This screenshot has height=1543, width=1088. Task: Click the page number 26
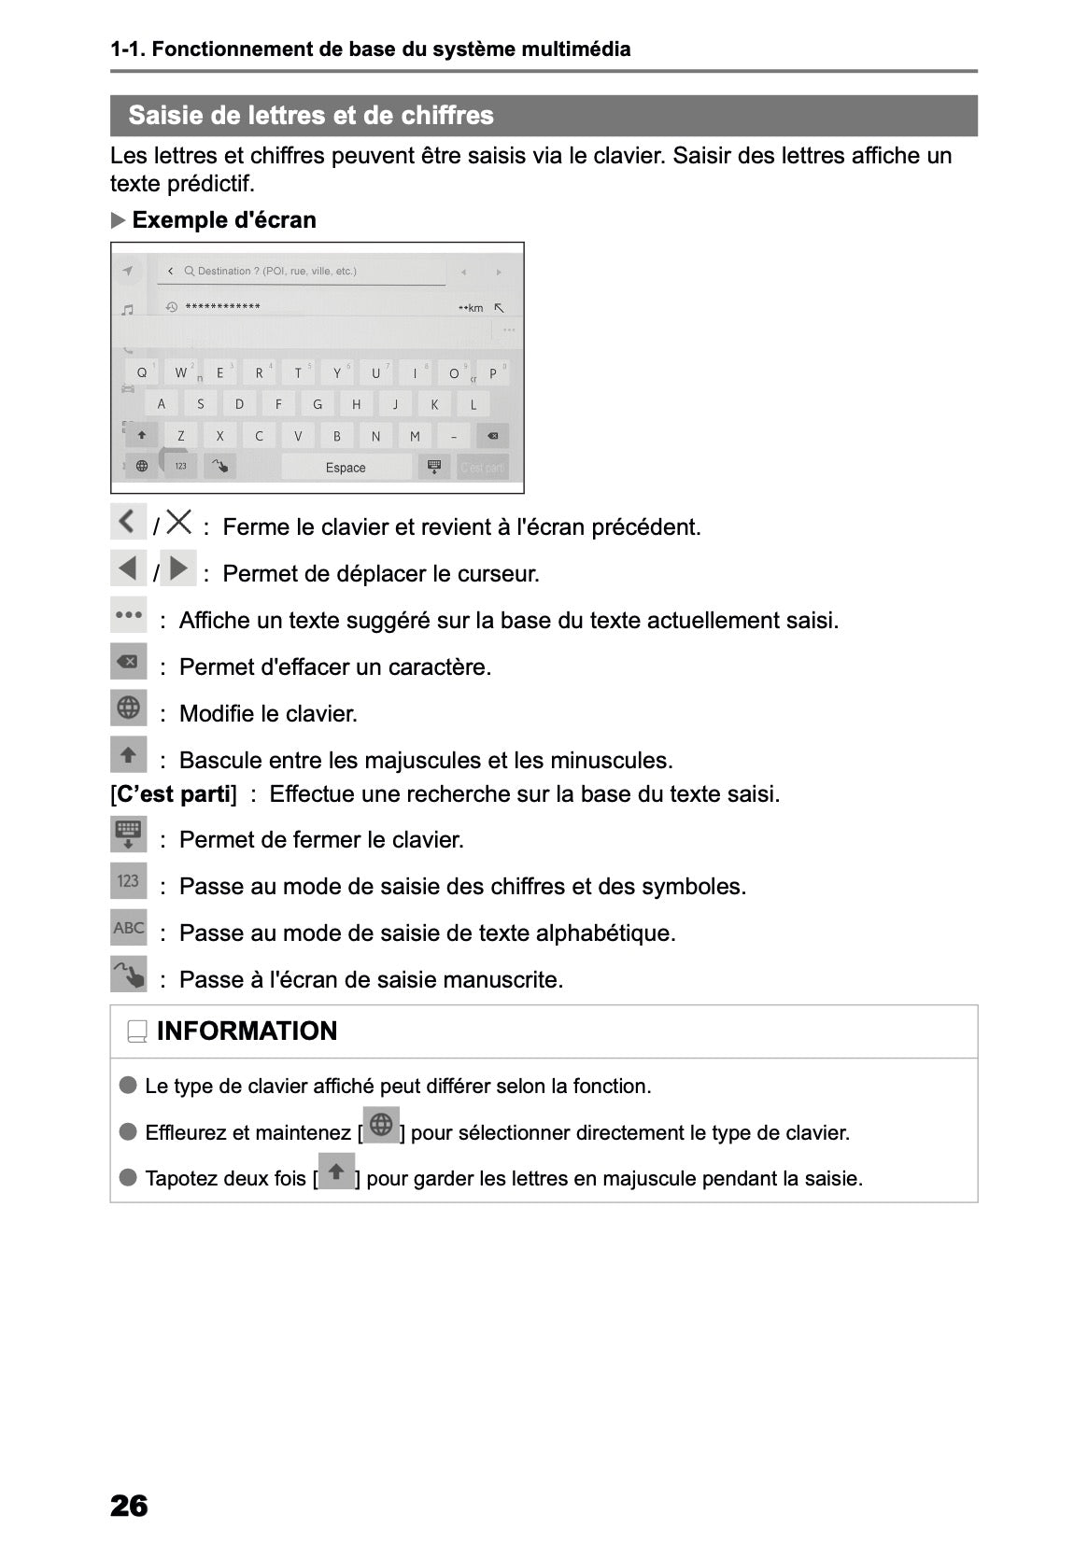click(x=129, y=1506)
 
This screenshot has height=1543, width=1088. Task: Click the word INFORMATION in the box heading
click(x=247, y=1031)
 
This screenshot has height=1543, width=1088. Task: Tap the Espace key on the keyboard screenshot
click(x=346, y=467)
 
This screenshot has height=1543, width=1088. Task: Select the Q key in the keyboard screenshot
click(x=142, y=372)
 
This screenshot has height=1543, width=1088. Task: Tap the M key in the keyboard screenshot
click(x=415, y=436)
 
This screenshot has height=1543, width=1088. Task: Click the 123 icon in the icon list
click(x=128, y=880)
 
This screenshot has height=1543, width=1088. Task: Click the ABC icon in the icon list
click(x=128, y=927)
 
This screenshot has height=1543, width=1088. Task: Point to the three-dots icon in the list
click(x=128, y=615)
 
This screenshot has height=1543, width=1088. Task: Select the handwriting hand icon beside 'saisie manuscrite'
click(x=128, y=974)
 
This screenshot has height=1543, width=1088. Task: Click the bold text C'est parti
click(x=175, y=793)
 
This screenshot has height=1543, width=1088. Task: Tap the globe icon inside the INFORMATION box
click(x=381, y=1125)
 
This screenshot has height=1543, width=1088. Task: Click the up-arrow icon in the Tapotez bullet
click(x=336, y=1171)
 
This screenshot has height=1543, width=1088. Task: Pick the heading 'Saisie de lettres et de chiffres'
click(x=311, y=115)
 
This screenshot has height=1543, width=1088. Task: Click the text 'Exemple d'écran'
click(x=224, y=219)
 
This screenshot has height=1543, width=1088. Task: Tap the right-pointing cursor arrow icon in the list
click(x=178, y=568)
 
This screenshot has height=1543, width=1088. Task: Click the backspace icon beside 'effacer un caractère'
click(x=128, y=662)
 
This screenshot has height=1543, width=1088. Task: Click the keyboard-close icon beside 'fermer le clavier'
click(x=128, y=834)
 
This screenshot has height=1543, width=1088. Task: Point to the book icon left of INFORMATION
click(x=137, y=1031)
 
